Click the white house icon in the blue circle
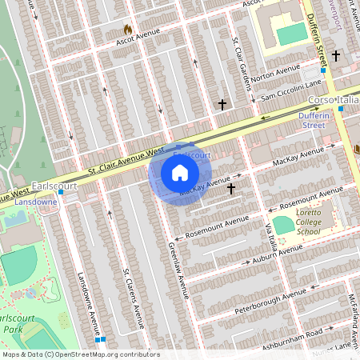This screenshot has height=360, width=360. click(x=180, y=173)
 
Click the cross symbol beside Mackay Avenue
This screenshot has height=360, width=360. click(x=231, y=189)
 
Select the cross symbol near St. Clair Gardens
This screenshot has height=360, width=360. click(x=222, y=105)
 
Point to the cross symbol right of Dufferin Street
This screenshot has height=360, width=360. click(x=336, y=56)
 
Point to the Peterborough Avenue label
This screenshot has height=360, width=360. click(x=271, y=300)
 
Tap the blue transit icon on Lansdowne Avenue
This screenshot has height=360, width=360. click(x=99, y=339)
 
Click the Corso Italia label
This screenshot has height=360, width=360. click(x=334, y=100)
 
